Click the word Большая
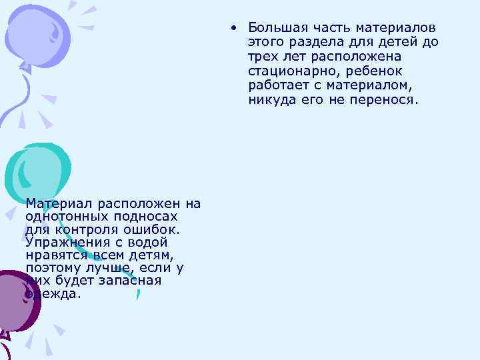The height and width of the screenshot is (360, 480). click(273, 28)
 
